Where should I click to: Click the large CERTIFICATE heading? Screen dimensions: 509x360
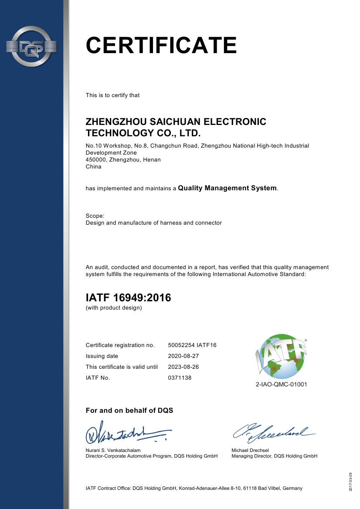click(161, 45)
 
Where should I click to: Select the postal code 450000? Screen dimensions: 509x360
click(96, 160)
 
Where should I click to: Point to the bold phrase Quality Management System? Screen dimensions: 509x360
click(227, 188)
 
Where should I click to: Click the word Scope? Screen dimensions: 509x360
click(95, 216)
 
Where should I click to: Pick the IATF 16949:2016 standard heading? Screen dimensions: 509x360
click(128, 298)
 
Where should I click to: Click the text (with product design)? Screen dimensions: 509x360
click(114, 308)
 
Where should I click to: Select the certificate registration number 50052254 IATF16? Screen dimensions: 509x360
click(192, 345)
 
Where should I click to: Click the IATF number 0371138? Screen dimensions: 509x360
click(180, 378)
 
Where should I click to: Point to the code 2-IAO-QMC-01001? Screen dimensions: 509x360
click(282, 384)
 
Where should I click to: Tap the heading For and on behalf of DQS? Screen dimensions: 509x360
click(129, 411)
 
